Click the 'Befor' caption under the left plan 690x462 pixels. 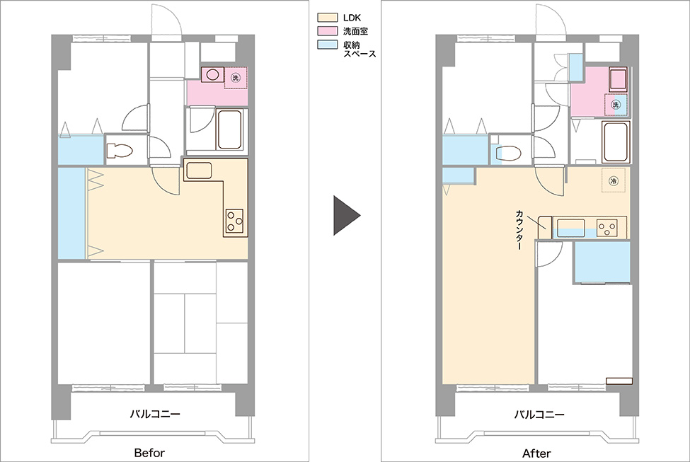tap(149, 453)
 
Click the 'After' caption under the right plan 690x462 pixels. tap(536, 453)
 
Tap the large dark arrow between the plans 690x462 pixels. tap(347, 215)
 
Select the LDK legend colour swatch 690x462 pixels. tap(328, 18)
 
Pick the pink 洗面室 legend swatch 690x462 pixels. tap(328, 31)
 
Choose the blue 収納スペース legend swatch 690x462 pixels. tap(328, 45)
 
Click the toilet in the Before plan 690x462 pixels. tap(120, 151)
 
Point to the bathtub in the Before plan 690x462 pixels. tap(229, 129)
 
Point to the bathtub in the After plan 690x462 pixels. tap(616, 142)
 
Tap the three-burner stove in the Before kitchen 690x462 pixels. tap(234, 221)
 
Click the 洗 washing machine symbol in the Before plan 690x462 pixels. tap(236, 78)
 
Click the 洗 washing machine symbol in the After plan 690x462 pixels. tap(616, 105)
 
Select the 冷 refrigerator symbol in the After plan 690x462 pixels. tap(614, 180)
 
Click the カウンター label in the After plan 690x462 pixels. tap(519, 230)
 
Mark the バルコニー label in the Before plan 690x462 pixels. tap(155, 414)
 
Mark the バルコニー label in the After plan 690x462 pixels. tap(539, 414)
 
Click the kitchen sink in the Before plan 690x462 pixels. tap(199, 171)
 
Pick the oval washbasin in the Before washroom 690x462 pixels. tap(212, 75)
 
